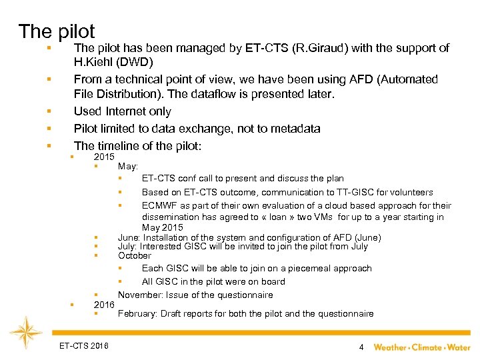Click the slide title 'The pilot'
click(x=57, y=31)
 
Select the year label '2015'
click(x=105, y=156)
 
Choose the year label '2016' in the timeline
click(x=105, y=305)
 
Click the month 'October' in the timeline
click(x=135, y=256)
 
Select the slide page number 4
click(x=361, y=347)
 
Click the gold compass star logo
click(x=27, y=333)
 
